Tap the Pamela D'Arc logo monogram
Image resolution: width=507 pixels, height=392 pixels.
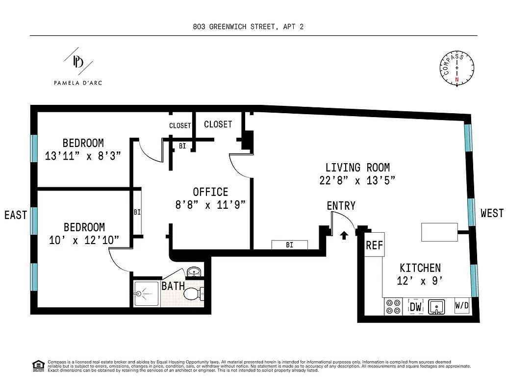tap(78, 61)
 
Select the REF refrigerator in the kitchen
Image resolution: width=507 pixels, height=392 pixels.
tap(375, 245)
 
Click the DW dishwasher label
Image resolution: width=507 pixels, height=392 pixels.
tap(416, 307)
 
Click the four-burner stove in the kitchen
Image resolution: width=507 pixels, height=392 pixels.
tap(392, 307)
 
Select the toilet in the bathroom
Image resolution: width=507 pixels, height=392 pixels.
tap(194, 294)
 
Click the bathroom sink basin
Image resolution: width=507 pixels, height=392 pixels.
tap(194, 272)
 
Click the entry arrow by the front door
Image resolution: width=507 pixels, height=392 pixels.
tap(344, 235)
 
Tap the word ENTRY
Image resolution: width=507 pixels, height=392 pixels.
tap(341, 206)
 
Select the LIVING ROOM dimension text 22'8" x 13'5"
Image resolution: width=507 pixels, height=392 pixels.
tap(357, 180)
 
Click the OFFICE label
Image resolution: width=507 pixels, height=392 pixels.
tap(210, 192)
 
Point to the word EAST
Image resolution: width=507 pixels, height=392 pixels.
tap(16, 215)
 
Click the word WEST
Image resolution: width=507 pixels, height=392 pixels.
tap(492, 213)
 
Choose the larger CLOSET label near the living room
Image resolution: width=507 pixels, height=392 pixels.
tap(218, 124)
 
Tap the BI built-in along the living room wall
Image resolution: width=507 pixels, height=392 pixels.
tap(289, 245)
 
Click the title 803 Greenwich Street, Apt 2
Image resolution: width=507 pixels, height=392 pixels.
tap(248, 27)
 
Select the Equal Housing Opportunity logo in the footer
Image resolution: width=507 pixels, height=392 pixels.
tap(37, 365)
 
